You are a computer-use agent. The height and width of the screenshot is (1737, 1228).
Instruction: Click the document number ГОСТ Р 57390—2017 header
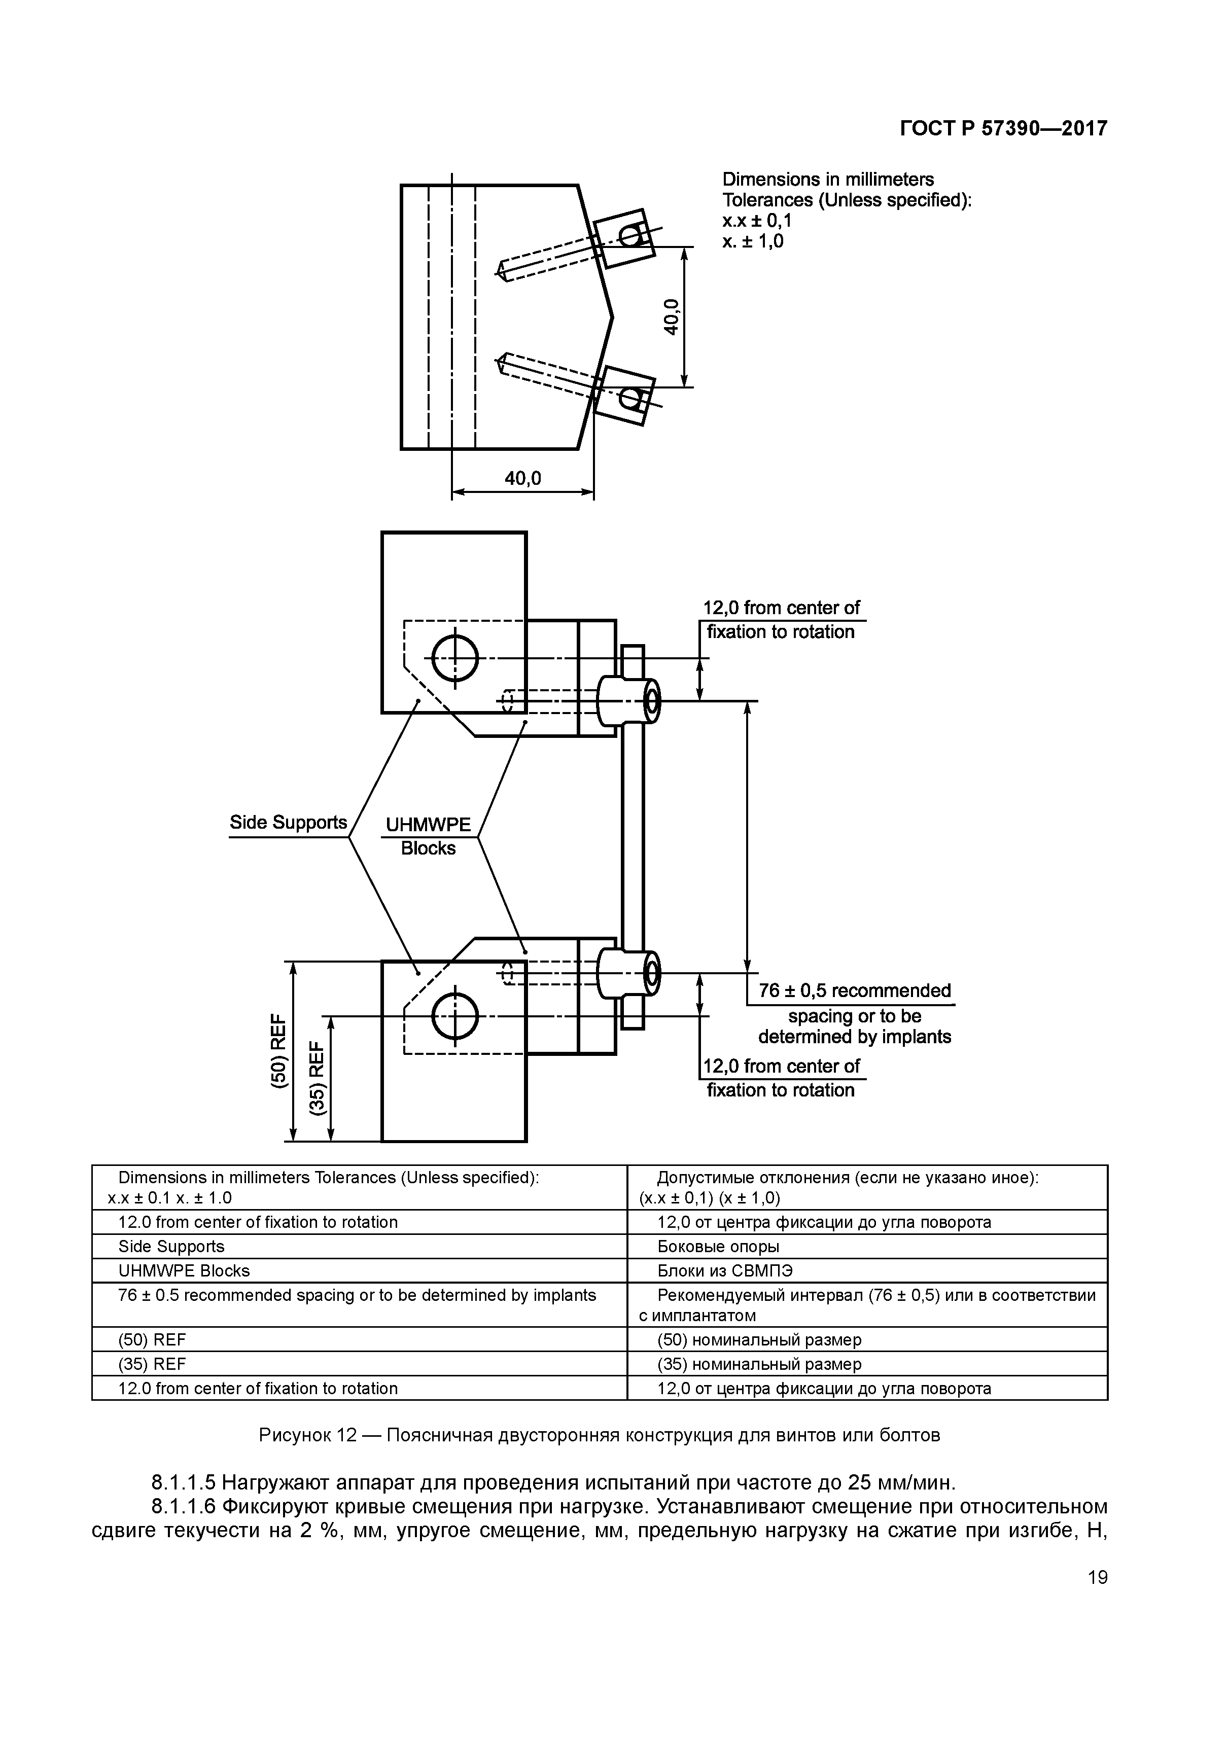point(1003,129)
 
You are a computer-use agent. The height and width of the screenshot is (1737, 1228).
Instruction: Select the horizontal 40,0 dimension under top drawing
point(523,478)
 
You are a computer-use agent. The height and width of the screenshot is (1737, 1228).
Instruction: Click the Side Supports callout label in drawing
point(288,823)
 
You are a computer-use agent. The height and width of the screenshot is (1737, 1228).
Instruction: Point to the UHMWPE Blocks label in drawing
point(428,836)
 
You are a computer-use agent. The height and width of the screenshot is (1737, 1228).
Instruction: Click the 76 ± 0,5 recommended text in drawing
point(854,991)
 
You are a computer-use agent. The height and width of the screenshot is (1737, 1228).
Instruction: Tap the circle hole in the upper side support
point(455,658)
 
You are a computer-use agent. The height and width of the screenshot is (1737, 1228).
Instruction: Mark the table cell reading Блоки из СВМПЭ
point(725,1270)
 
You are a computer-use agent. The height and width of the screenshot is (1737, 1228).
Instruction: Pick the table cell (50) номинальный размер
point(759,1340)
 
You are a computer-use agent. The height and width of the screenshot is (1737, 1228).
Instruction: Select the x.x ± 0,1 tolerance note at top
point(757,221)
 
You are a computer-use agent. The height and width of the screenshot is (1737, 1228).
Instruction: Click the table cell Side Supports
point(172,1246)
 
